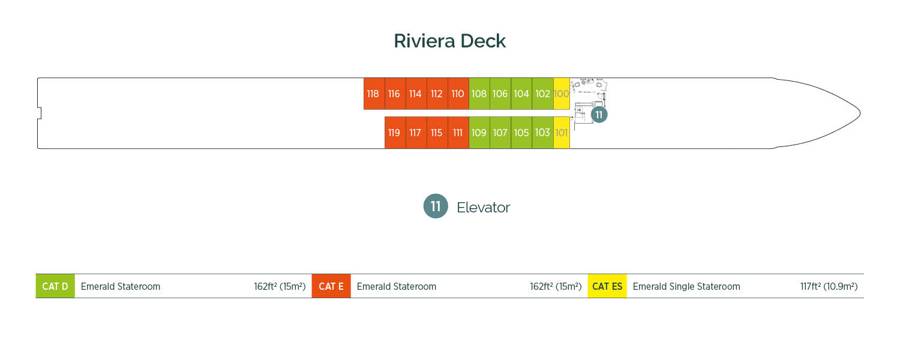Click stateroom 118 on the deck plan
374,94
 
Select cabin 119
395,133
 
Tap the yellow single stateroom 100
562,94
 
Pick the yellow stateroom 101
562,133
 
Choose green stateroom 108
479,94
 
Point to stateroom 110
458,94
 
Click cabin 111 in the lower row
458,133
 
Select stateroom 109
479,133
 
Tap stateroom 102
542,94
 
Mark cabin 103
542,133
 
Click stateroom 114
416,94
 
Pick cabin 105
521,133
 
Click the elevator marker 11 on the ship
599,115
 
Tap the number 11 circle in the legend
436,206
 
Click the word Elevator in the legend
483,208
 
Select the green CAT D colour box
55,286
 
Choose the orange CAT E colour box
331,286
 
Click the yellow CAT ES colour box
607,286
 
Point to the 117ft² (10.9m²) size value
829,286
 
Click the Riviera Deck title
449,41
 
